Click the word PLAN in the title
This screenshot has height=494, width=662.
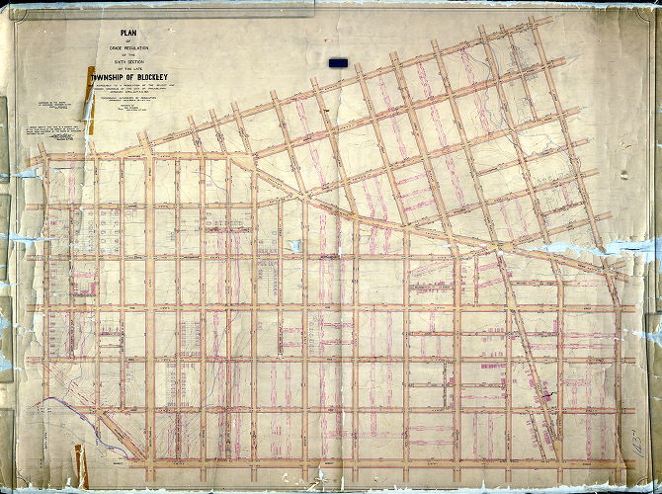tap(140, 40)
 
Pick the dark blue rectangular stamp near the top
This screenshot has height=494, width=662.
tap(337, 62)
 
